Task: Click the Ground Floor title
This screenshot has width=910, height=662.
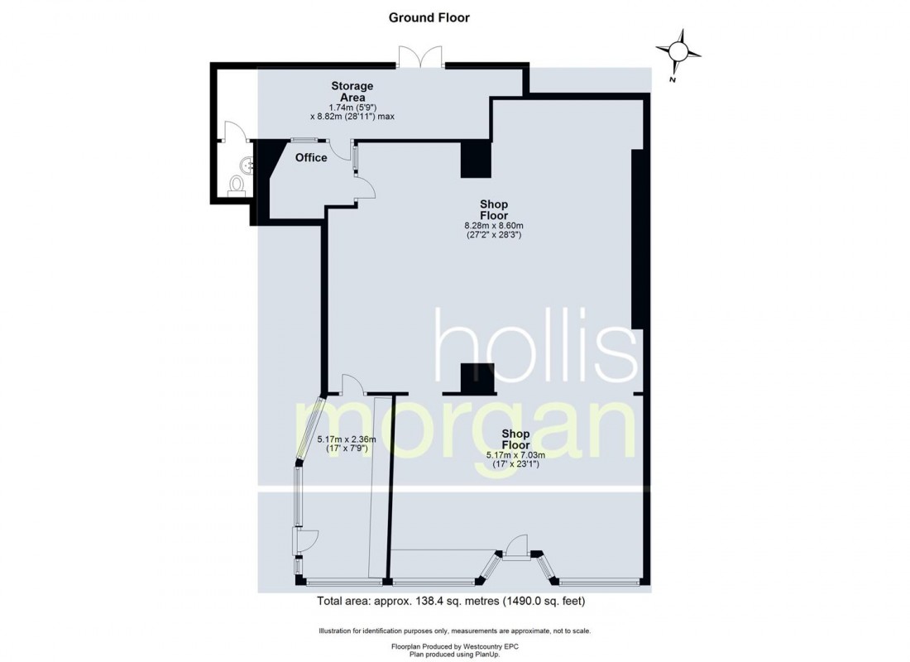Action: point(429,17)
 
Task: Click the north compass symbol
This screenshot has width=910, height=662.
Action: point(679,52)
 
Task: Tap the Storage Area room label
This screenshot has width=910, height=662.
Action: point(352,91)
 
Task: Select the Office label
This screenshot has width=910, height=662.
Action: point(311,157)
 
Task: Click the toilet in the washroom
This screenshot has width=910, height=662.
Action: point(237,185)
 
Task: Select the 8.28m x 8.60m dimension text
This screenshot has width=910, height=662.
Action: point(494,225)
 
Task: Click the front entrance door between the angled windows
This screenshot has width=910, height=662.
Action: point(517,548)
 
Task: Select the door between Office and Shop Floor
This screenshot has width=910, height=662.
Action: point(364,189)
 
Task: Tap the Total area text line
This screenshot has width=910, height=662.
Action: point(455,602)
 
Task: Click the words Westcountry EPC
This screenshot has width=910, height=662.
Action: point(487,645)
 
